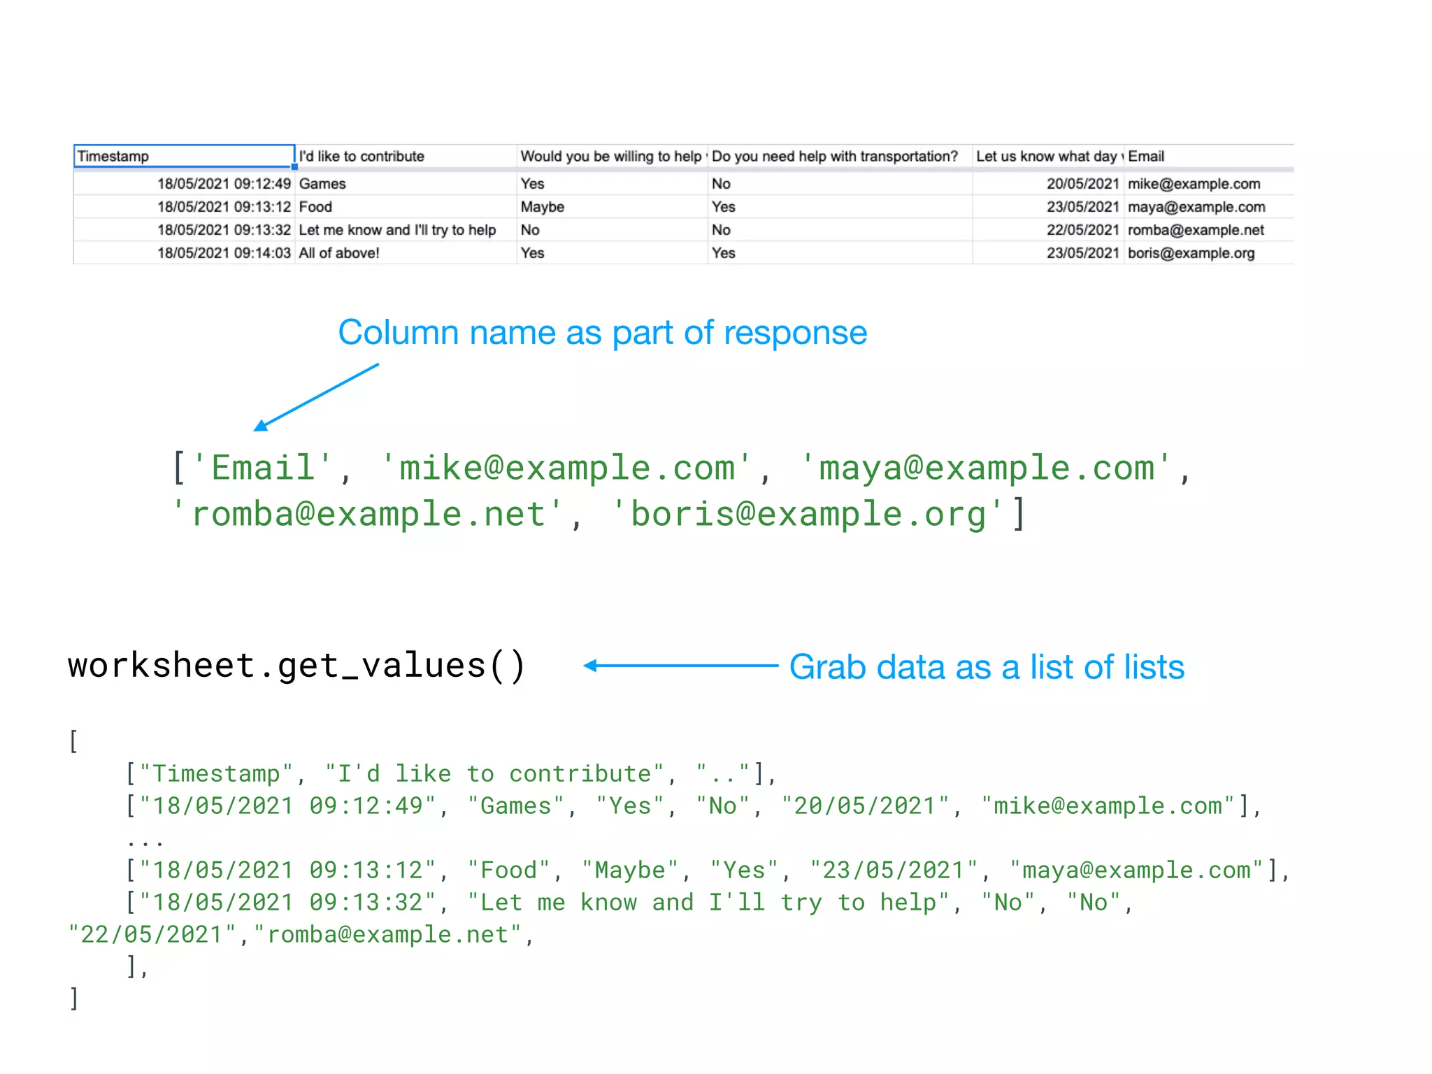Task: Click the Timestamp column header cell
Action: pyautogui.click(x=183, y=156)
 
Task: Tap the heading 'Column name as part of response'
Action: pyautogui.click(x=602, y=333)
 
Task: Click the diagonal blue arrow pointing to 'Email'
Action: pyautogui.click(x=316, y=396)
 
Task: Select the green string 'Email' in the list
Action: pyautogui.click(x=262, y=468)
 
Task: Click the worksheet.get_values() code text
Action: pyautogui.click(x=296, y=665)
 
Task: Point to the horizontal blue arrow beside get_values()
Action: pyautogui.click(x=680, y=666)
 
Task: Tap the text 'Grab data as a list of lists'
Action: pyautogui.click(x=986, y=667)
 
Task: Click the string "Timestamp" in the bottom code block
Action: pyautogui.click(x=215, y=774)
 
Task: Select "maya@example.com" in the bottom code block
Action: pyautogui.click(x=1136, y=871)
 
